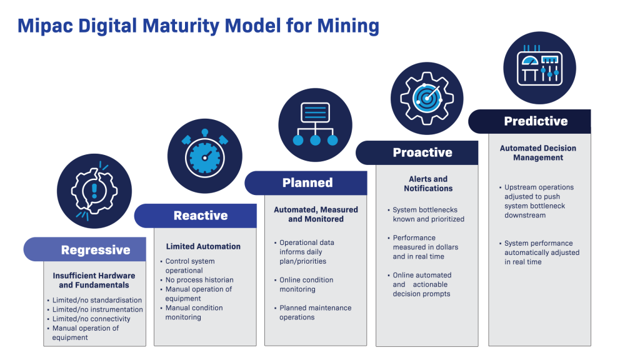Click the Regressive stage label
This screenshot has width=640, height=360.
[x=96, y=250]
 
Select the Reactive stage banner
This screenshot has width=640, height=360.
[x=200, y=216]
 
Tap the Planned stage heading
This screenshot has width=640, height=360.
[x=307, y=182]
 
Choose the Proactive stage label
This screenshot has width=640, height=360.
[x=422, y=152]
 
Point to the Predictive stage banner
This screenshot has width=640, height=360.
[x=536, y=121]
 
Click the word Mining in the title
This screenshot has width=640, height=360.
[x=347, y=26]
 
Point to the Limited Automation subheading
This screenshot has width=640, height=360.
[x=202, y=247]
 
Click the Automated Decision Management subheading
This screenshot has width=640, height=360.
[x=538, y=153]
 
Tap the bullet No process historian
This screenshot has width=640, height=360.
[x=198, y=280]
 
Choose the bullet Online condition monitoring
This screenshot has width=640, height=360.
[x=306, y=284]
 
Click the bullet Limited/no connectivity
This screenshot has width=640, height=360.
[x=91, y=319]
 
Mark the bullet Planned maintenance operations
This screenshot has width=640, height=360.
[x=315, y=312]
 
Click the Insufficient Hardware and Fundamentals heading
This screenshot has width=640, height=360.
[x=94, y=280]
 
